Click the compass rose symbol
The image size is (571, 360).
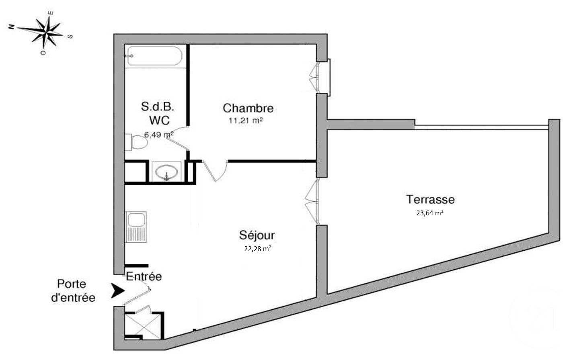pyautogui.click(x=47, y=32)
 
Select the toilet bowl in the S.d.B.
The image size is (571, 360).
pyautogui.click(x=138, y=143)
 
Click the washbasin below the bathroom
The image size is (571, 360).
pyautogui.click(x=166, y=172)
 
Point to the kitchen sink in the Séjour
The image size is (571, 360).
pyautogui.click(x=136, y=227)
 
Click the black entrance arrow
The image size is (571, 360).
pyautogui.click(x=117, y=291)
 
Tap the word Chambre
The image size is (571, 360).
pyautogui.click(x=248, y=108)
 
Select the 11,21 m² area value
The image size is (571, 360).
pyautogui.click(x=245, y=120)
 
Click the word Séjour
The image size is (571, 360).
pyautogui.click(x=257, y=235)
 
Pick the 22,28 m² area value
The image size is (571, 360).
pyautogui.click(x=257, y=249)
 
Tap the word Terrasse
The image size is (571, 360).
pyautogui.click(x=430, y=199)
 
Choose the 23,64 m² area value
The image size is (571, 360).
pyautogui.click(x=429, y=213)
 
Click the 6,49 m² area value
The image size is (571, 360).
pyautogui.click(x=159, y=135)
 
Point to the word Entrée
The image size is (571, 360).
pyautogui.click(x=144, y=276)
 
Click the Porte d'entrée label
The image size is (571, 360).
pyautogui.click(x=76, y=291)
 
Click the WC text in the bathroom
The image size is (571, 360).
pyautogui.click(x=159, y=120)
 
